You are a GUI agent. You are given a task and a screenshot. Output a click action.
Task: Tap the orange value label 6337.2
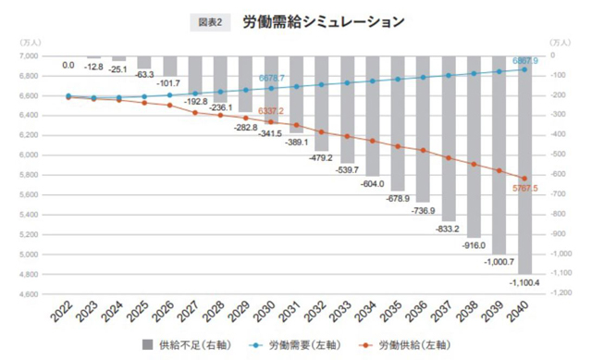[275, 111]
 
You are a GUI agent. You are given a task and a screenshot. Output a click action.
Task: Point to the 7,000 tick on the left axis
[28, 56]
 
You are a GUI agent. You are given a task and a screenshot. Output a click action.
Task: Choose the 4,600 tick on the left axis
[28, 294]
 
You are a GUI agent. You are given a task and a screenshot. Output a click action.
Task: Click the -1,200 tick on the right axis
[561, 294]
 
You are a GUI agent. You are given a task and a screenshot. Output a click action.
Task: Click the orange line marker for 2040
[524, 179]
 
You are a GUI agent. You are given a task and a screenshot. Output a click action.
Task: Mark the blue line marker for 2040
[524, 69]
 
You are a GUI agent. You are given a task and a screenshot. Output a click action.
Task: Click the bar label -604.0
[371, 184]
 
